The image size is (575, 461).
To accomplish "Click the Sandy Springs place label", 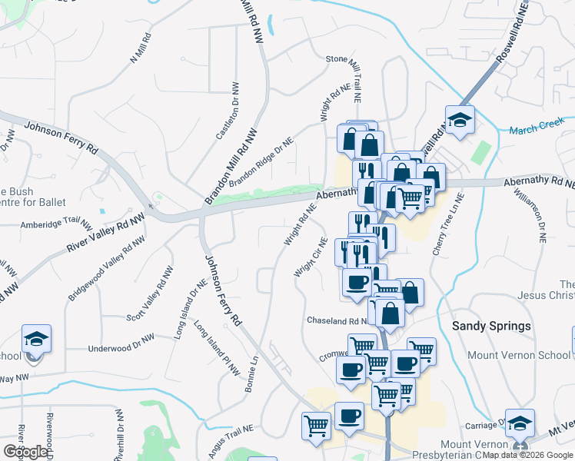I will (491, 326).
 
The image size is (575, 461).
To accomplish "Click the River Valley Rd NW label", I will (106, 234).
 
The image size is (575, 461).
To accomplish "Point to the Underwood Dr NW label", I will (121, 343).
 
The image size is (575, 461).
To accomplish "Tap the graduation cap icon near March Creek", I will (460, 120).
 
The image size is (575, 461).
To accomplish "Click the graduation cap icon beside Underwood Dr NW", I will (36, 339).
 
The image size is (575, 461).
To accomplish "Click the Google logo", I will (26, 452).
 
